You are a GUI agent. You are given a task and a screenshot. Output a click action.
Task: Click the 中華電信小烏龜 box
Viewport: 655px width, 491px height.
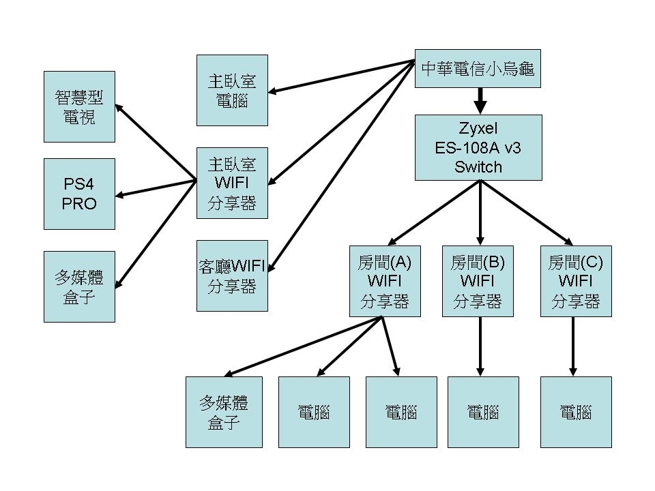click(478, 68)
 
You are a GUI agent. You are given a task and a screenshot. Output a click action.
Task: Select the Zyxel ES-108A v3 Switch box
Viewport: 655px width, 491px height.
click(478, 147)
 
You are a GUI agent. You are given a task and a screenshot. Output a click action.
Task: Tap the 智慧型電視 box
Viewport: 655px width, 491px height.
click(79, 107)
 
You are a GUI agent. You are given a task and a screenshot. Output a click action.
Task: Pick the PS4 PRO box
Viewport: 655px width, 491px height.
click(79, 194)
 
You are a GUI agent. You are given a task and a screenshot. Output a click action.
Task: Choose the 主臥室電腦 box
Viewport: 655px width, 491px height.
click(232, 91)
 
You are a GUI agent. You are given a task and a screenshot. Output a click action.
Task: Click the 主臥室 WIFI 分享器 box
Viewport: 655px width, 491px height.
click(232, 183)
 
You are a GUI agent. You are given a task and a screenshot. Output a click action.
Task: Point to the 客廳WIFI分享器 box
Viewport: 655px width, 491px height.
click(232, 276)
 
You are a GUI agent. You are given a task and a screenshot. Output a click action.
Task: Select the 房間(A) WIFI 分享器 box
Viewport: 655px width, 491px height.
click(384, 281)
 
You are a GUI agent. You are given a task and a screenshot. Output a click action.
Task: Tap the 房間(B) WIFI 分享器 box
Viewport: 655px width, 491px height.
click(478, 281)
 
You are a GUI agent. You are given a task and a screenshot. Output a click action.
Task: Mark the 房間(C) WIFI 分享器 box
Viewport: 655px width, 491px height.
click(576, 281)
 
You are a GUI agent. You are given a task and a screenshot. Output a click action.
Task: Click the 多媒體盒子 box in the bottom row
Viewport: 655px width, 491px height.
click(224, 412)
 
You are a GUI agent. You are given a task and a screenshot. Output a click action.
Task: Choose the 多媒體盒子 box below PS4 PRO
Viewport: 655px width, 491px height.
click(79, 286)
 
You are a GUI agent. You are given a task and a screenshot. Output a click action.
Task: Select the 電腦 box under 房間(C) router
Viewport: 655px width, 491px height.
click(576, 412)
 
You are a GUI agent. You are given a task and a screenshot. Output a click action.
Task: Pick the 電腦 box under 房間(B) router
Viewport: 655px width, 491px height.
click(483, 412)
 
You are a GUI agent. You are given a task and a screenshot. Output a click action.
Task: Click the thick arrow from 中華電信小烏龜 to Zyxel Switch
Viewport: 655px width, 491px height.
click(480, 101)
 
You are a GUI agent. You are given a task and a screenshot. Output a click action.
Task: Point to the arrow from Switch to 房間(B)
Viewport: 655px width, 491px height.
click(480, 211)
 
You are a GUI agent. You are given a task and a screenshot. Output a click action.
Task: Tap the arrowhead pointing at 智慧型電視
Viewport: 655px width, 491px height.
click(119, 108)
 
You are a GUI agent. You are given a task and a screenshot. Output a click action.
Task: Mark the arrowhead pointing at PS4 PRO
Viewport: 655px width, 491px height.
click(120, 196)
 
